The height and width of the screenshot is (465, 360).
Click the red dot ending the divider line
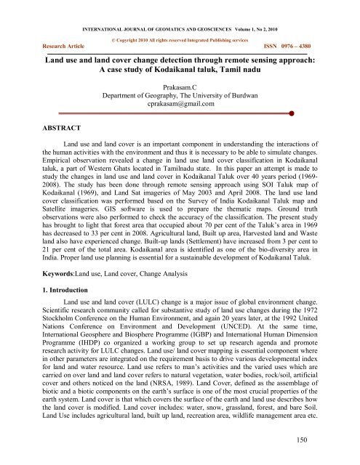coord(291,113)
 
